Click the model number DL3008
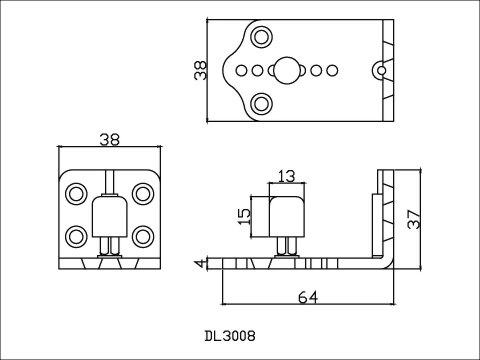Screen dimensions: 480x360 click(230, 336)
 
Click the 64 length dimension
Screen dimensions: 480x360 click(308, 297)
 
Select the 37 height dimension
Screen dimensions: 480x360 click(414, 219)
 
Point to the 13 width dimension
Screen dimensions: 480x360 click(287, 176)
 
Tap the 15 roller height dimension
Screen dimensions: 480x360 click(244, 217)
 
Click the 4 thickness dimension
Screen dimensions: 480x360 click(200, 263)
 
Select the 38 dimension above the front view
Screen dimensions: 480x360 click(110, 140)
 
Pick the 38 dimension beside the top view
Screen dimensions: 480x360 click(200, 71)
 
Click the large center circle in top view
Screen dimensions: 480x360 click(287, 70)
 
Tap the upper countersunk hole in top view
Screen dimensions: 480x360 click(261, 37)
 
